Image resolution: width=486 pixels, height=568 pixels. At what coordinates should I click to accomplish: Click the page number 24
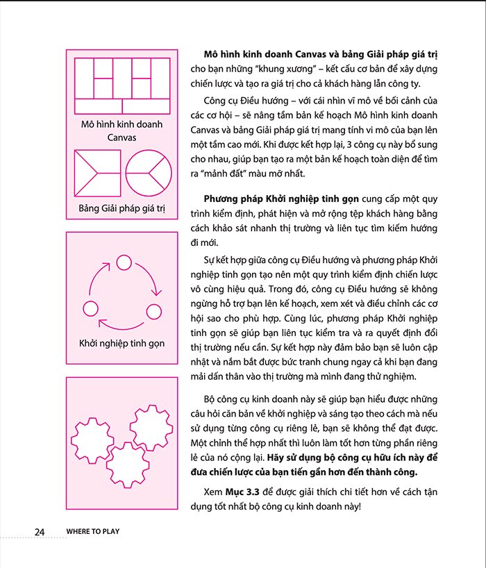pos(40,532)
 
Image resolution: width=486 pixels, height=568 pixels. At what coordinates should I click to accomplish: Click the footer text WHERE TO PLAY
pos(93,532)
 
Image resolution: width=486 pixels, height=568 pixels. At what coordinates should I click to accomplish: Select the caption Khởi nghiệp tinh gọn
pos(121,343)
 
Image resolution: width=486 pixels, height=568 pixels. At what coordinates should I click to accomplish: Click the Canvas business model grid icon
pos(121,85)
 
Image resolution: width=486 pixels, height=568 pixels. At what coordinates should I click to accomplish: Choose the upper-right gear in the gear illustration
pos(151,427)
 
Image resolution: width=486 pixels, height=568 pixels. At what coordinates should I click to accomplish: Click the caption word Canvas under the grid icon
pos(121,137)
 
